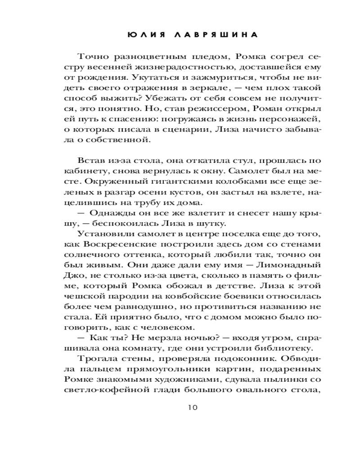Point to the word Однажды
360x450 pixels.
click(x=105, y=213)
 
